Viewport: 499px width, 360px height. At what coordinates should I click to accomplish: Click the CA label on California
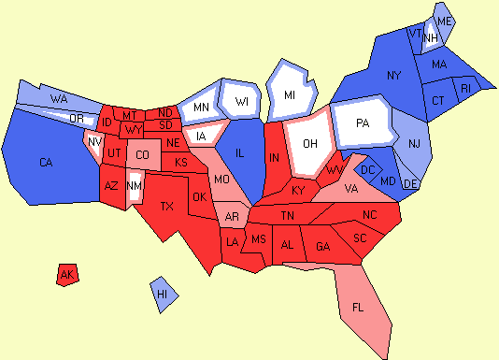46,163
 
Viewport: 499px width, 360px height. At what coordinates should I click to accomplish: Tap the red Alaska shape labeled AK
66,275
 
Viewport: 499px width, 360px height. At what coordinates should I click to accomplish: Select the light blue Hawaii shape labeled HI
163,294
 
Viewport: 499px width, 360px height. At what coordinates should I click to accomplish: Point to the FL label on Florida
359,307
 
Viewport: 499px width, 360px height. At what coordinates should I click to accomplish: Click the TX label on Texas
167,206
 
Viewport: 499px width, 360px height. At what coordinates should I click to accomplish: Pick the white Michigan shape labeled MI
291,94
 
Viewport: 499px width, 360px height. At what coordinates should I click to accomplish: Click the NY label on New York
393,74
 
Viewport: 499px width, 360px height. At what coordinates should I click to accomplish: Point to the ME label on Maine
444,21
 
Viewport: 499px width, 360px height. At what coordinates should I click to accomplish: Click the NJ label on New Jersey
413,143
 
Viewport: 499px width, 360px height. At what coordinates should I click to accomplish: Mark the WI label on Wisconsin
242,101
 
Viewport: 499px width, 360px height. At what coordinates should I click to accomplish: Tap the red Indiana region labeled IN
274,160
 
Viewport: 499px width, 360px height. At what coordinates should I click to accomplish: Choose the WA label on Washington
59,97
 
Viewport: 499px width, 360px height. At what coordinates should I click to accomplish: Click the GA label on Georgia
323,246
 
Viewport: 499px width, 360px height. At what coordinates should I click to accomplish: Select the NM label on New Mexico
135,186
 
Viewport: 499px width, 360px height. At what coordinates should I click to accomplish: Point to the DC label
367,169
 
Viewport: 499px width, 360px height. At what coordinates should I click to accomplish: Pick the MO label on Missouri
222,179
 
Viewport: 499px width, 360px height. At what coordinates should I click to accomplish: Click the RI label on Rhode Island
466,89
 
